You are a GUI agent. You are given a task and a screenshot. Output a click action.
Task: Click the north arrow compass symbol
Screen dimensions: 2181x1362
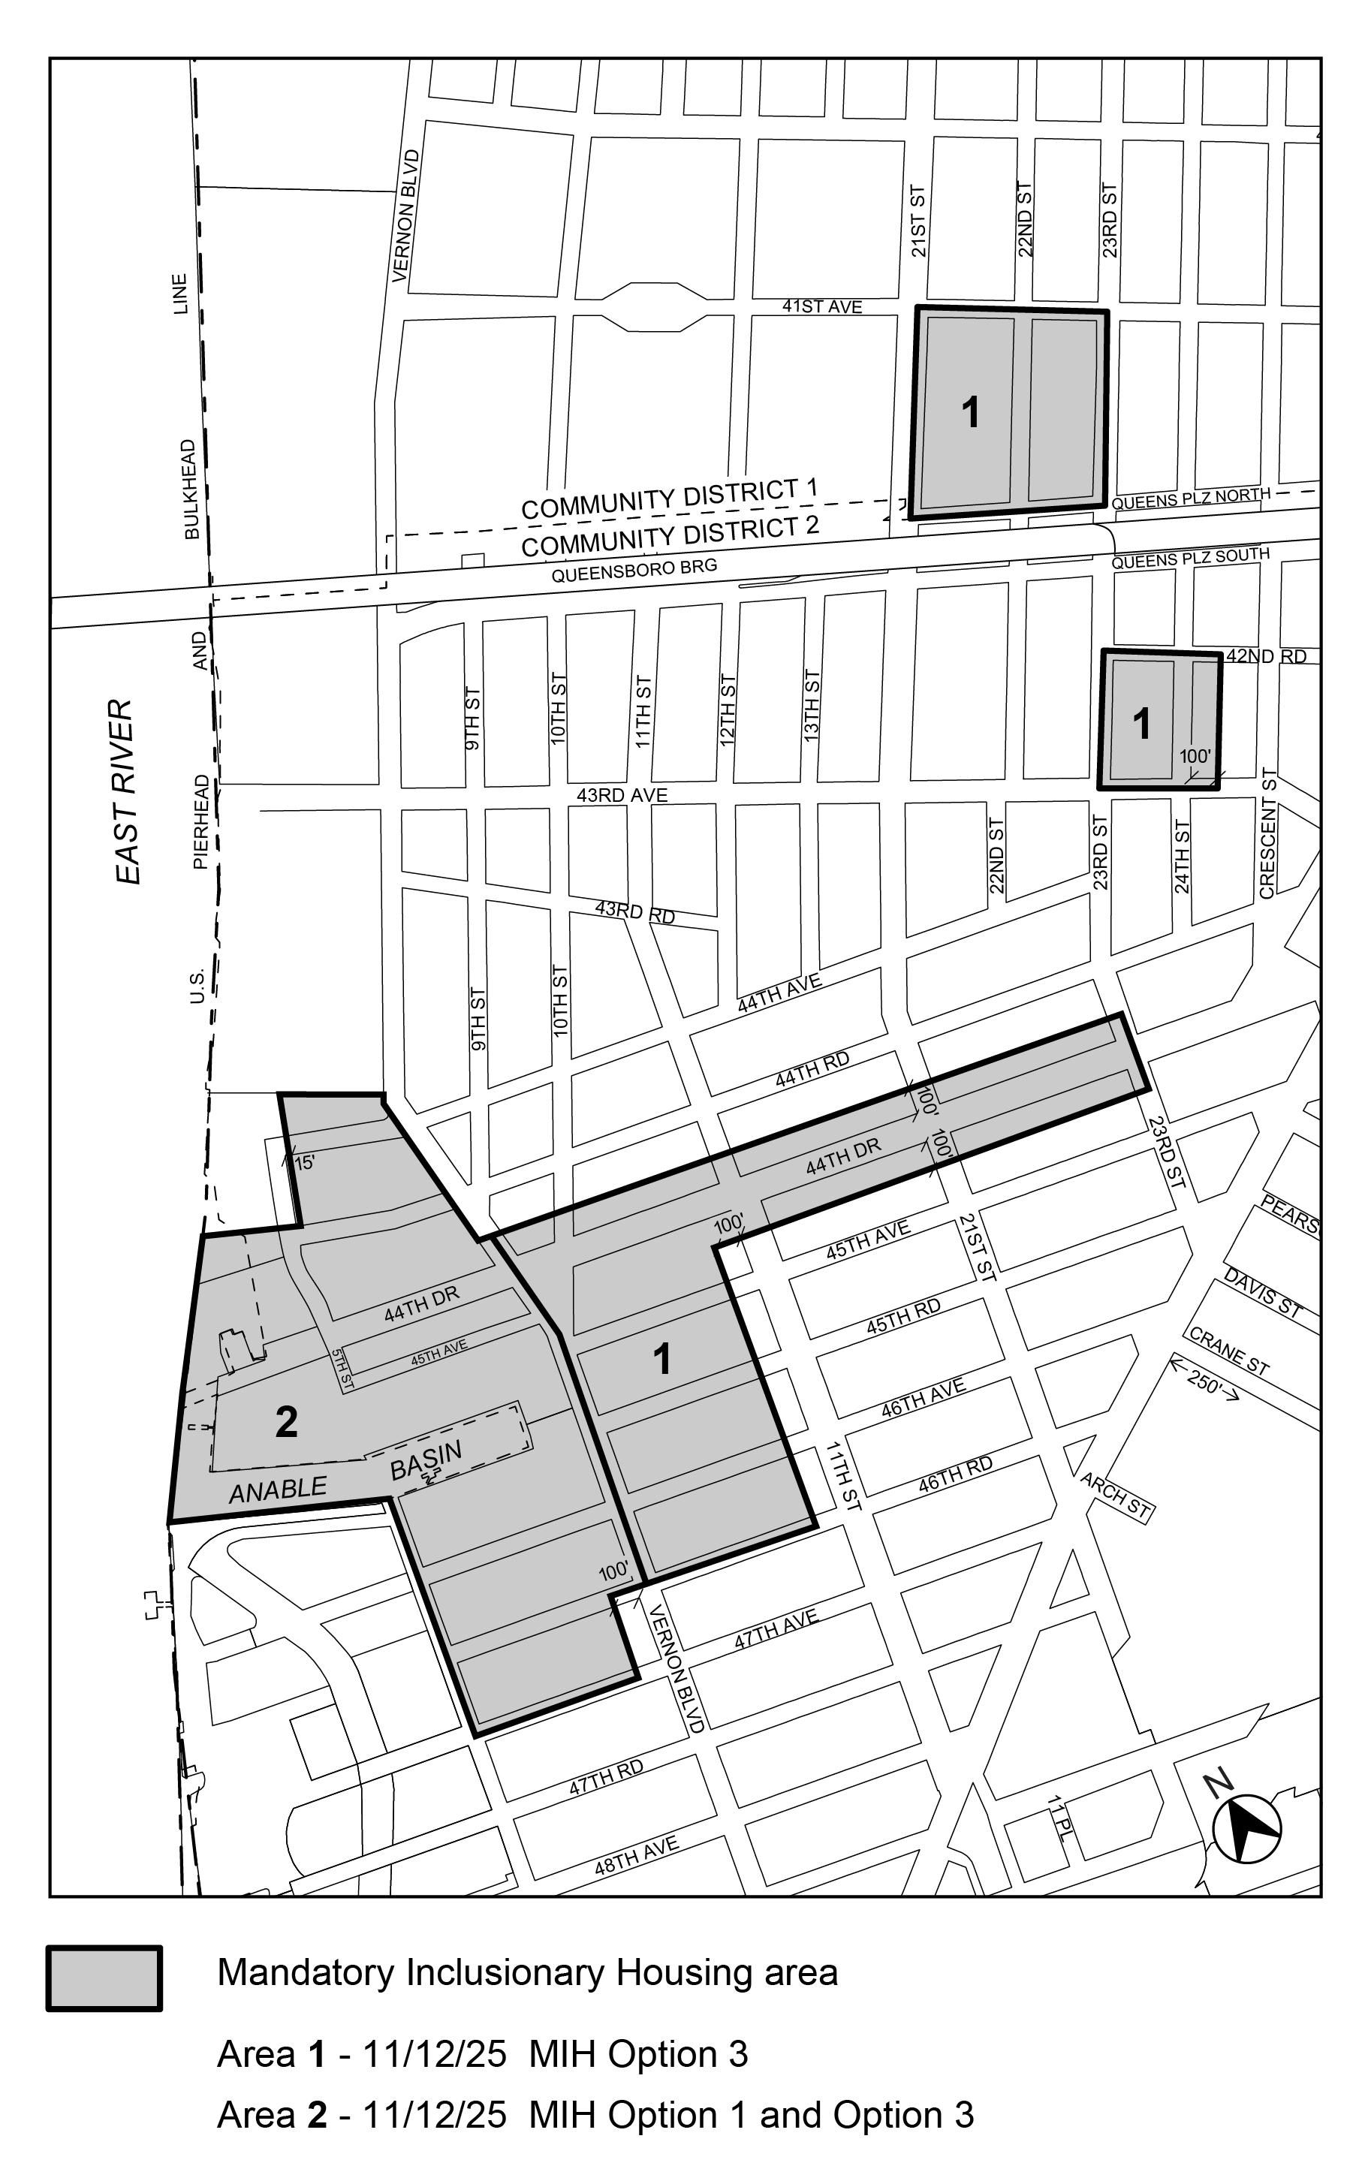point(1246,1828)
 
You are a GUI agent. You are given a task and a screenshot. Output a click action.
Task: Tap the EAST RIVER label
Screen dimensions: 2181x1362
point(126,791)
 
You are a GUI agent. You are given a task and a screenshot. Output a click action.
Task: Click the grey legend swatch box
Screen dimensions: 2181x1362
point(104,1979)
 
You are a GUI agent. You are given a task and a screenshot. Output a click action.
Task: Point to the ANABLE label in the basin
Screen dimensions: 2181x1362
point(278,1490)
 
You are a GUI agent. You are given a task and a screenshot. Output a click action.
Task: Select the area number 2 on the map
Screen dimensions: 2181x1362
point(287,1422)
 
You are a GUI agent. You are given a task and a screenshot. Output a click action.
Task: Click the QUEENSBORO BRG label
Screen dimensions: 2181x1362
point(634,569)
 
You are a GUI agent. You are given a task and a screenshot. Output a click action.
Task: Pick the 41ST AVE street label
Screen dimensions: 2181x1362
point(821,307)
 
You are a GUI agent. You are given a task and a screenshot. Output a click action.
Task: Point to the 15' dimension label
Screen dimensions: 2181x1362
point(305,1162)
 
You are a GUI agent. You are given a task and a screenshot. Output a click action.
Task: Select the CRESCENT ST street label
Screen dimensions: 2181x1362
point(1268,833)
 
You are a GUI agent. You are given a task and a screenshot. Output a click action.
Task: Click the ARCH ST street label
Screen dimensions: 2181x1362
point(1116,1496)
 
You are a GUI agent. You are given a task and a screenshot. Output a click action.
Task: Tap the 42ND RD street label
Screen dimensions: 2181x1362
point(1266,656)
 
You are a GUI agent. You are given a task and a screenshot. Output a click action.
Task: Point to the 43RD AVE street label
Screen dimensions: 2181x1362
point(622,795)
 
